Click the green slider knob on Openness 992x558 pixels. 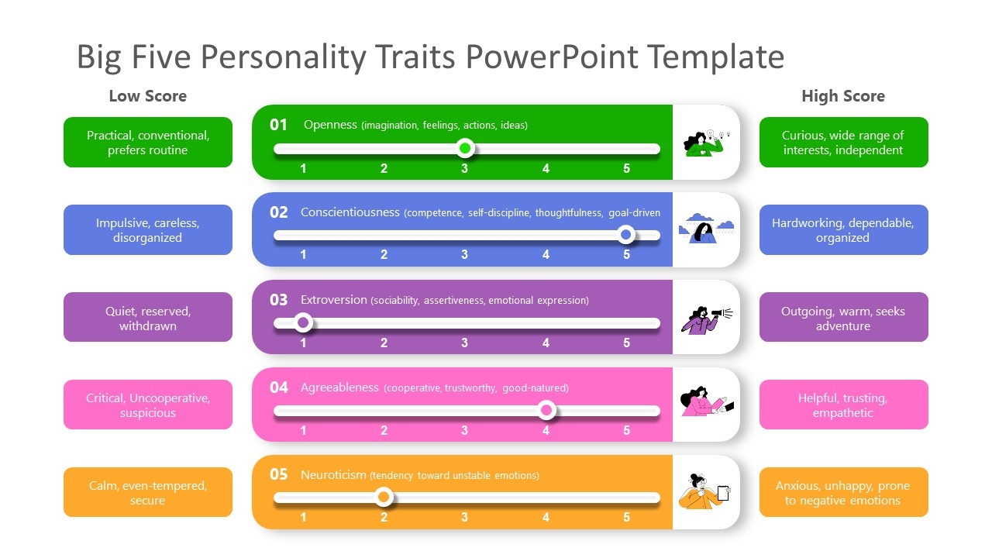pyautogui.click(x=465, y=148)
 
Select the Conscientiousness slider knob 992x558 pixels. pyautogui.click(x=626, y=234)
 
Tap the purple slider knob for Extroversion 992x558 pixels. pyautogui.click(x=304, y=322)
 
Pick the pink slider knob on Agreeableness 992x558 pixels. pyautogui.click(x=546, y=410)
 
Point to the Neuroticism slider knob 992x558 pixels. pyautogui.click(x=383, y=497)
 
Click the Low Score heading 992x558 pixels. pyautogui.click(x=147, y=96)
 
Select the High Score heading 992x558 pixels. pyautogui.click(x=842, y=96)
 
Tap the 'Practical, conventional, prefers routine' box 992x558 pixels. pyautogui.click(x=148, y=143)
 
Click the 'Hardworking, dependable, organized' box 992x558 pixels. pyautogui.click(x=843, y=230)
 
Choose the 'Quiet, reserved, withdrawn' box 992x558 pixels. pyautogui.click(x=148, y=318)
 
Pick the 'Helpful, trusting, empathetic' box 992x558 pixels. pyautogui.click(x=843, y=405)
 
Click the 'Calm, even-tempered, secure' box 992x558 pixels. pyautogui.click(x=148, y=493)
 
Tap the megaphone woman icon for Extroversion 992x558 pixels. pyautogui.click(x=707, y=318)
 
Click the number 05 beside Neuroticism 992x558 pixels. pyautogui.click(x=279, y=474)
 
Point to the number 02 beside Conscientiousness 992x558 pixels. pyautogui.click(x=279, y=212)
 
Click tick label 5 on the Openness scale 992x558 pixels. pyautogui.click(x=627, y=168)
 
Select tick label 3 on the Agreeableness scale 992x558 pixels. pyautogui.click(x=465, y=430)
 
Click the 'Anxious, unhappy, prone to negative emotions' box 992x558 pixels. pyautogui.click(x=843, y=493)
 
